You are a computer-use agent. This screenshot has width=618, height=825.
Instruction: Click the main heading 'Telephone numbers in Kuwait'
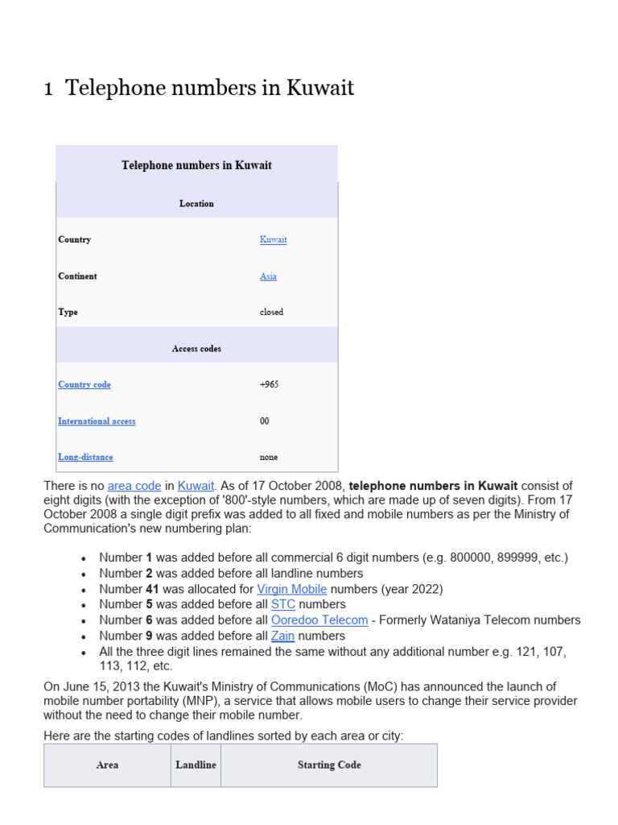(x=209, y=88)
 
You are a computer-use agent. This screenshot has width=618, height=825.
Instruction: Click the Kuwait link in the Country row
(x=273, y=240)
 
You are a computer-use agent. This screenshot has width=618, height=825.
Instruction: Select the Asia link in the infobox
(x=268, y=276)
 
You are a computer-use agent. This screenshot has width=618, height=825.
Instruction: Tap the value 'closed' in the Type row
(x=271, y=313)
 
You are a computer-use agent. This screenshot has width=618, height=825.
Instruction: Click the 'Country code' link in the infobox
(x=84, y=385)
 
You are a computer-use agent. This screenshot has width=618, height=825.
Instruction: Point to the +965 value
(x=269, y=385)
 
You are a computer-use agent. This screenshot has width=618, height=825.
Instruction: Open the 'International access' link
(x=97, y=421)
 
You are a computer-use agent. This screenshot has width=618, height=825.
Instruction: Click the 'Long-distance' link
(x=85, y=458)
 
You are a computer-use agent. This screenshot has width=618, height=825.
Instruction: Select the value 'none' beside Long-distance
(x=269, y=458)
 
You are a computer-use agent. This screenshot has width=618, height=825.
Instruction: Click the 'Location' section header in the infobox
(x=196, y=204)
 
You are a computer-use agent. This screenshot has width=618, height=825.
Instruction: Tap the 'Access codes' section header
(x=196, y=349)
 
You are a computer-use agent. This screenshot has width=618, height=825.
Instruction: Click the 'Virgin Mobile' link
(x=291, y=589)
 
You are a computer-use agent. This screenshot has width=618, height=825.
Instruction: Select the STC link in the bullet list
(x=283, y=604)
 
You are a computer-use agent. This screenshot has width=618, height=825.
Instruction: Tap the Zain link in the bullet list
(x=283, y=636)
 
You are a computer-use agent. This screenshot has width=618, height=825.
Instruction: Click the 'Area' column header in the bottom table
(x=107, y=765)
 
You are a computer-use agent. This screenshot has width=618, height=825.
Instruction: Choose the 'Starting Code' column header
(x=329, y=765)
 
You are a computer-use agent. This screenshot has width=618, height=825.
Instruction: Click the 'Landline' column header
(x=196, y=765)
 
